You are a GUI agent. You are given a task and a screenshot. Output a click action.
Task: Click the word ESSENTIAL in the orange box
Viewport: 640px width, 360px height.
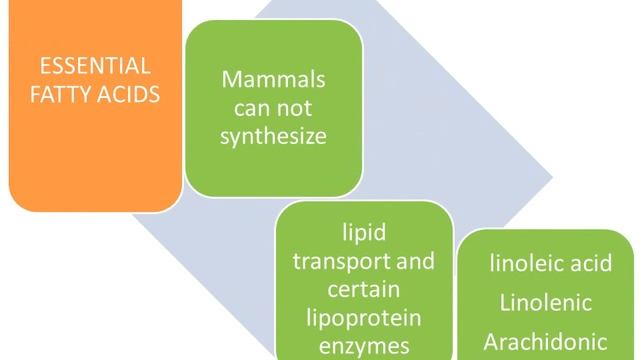tap(95, 67)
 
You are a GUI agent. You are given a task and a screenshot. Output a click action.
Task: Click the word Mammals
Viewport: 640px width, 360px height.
tap(273, 78)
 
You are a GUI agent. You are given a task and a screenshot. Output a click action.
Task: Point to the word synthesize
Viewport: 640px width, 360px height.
tap(273, 136)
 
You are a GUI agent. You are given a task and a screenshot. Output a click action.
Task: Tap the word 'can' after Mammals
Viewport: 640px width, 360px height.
tap(249, 107)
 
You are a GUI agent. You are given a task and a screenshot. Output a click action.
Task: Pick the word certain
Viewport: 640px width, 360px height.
tap(364, 290)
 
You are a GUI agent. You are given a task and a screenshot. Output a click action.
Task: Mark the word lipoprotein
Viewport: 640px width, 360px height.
tap(364, 319)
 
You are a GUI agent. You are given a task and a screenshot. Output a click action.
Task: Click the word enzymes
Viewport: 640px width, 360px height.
tap(364, 347)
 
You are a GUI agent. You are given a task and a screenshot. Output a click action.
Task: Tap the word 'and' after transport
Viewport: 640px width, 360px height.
tap(414, 261)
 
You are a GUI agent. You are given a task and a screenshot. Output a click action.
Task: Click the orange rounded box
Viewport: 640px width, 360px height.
tap(95, 150)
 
